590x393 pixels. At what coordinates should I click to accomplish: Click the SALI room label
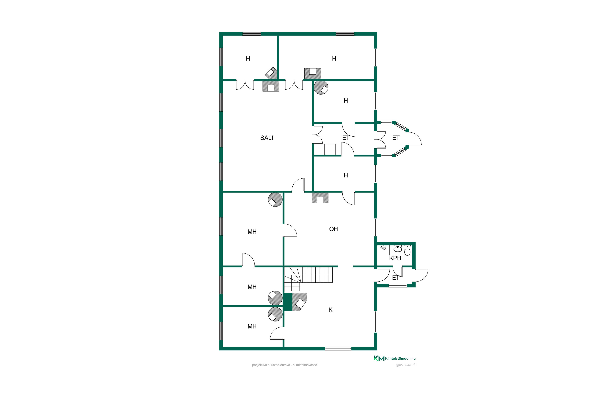click(x=266, y=138)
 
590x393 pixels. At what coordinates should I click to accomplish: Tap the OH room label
click(x=333, y=229)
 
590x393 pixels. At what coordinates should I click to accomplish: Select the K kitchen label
click(x=330, y=310)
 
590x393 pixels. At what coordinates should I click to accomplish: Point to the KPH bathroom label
click(x=395, y=258)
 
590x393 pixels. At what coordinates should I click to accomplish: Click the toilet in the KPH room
click(x=407, y=250)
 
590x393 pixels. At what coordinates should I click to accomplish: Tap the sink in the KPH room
click(x=398, y=248)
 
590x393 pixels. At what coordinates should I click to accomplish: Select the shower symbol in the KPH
click(x=383, y=248)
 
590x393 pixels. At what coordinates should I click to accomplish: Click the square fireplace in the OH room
click(x=320, y=198)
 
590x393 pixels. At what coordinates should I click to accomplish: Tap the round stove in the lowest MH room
click(x=275, y=314)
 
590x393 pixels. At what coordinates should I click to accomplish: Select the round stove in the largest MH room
click(x=275, y=199)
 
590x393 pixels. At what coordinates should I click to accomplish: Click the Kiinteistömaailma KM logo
click(x=394, y=358)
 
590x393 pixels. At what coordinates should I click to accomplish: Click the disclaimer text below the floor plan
click(x=284, y=365)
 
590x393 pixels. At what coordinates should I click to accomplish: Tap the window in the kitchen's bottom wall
click(x=338, y=349)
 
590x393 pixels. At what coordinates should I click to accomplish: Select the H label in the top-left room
click(x=248, y=59)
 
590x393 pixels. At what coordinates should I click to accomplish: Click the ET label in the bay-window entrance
click(x=396, y=138)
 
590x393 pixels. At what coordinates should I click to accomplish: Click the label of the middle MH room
click(x=252, y=287)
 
